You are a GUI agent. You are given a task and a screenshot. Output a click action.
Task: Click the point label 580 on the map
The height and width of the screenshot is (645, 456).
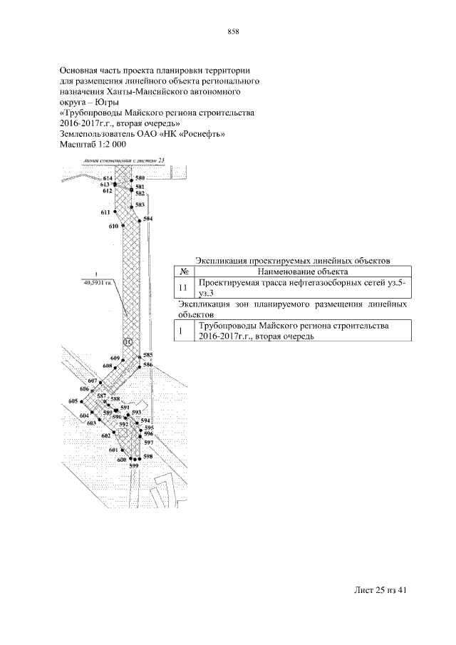tap(140, 177)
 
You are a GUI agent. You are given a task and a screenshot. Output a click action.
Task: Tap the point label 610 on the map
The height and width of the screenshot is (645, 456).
tap(113, 226)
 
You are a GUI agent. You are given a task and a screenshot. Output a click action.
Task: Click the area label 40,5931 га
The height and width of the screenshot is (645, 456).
tap(97, 282)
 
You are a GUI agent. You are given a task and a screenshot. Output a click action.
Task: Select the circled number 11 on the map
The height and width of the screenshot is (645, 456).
tap(128, 342)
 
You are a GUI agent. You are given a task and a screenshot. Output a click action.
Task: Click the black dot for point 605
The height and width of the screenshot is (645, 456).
tap(82, 402)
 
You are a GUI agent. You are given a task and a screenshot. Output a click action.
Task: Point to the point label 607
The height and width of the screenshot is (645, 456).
tap(92, 381)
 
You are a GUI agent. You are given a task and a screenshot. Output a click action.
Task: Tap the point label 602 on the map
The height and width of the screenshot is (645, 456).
tap(106, 435)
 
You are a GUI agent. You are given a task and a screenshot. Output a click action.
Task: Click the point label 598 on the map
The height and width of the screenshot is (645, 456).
tap(148, 456)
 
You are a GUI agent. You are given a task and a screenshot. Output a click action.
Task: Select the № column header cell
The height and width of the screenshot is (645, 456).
tap(184, 272)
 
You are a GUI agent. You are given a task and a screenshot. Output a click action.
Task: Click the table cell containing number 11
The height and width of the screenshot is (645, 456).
tap(184, 287)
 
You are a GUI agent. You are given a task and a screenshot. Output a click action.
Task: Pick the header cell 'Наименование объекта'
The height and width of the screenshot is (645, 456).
tap(302, 272)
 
